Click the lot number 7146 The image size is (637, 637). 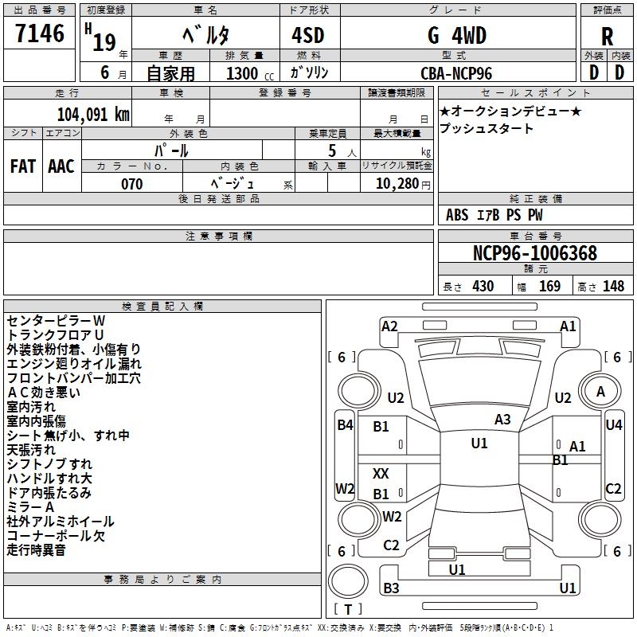click(x=40, y=34)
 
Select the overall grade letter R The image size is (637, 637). click(x=607, y=37)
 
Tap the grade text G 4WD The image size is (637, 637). click(x=456, y=36)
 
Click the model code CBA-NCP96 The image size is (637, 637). click(x=456, y=73)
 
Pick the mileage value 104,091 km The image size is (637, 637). click(x=93, y=113)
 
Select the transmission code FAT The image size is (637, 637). click(x=23, y=166)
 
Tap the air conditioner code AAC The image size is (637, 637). click(x=61, y=166)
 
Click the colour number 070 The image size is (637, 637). click(x=132, y=184)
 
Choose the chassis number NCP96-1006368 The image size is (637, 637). click(x=534, y=254)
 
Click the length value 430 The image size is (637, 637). click(x=483, y=287)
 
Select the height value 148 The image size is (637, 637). click(x=613, y=287)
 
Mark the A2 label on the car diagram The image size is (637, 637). click(x=389, y=326)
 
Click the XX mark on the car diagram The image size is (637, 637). click(x=381, y=474)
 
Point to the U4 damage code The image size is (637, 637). click(x=613, y=425)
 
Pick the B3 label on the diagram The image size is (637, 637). click(x=391, y=588)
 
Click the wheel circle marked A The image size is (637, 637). click(x=600, y=391)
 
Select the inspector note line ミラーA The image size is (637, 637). click(x=30, y=507)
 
